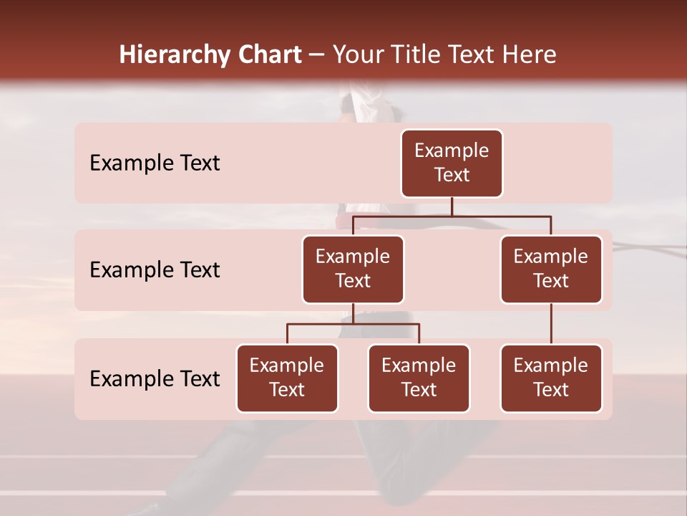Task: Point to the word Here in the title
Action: point(528,55)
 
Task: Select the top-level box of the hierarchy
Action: point(452,163)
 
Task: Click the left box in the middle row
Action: point(353,269)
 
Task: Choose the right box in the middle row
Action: point(551,269)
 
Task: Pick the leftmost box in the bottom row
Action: point(287,378)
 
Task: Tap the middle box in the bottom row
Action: point(419,378)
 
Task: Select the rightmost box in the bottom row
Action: point(551,378)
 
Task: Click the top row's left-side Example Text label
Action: point(155,163)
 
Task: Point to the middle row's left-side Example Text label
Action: point(155,270)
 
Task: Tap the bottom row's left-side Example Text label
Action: point(155,379)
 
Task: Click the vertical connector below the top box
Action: point(452,206)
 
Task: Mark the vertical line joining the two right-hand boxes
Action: point(551,324)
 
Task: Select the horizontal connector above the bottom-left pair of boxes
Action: point(353,324)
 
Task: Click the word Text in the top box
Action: point(452,175)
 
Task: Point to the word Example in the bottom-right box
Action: point(551,366)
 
